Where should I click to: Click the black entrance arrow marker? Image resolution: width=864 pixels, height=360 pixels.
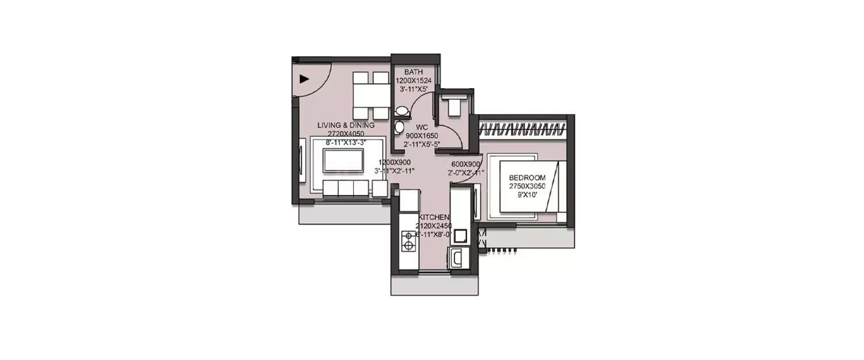pos(305,80)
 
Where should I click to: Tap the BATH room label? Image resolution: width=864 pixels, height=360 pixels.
pos(414,72)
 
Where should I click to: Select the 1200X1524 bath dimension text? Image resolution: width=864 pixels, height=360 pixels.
pos(414,81)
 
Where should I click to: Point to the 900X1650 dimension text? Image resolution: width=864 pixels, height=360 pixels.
pos(422,136)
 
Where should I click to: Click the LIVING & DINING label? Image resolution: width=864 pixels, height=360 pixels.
pos(346,125)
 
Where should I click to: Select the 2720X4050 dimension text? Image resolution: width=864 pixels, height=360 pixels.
pos(346,133)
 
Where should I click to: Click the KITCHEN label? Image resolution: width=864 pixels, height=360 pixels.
pos(434,217)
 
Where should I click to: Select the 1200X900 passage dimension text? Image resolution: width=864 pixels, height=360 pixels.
pos(394,162)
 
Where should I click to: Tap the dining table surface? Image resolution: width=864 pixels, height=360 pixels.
pos(370,96)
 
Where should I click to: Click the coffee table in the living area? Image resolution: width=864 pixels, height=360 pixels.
pos(343,160)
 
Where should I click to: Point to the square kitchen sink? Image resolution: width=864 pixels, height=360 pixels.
pos(461,235)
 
